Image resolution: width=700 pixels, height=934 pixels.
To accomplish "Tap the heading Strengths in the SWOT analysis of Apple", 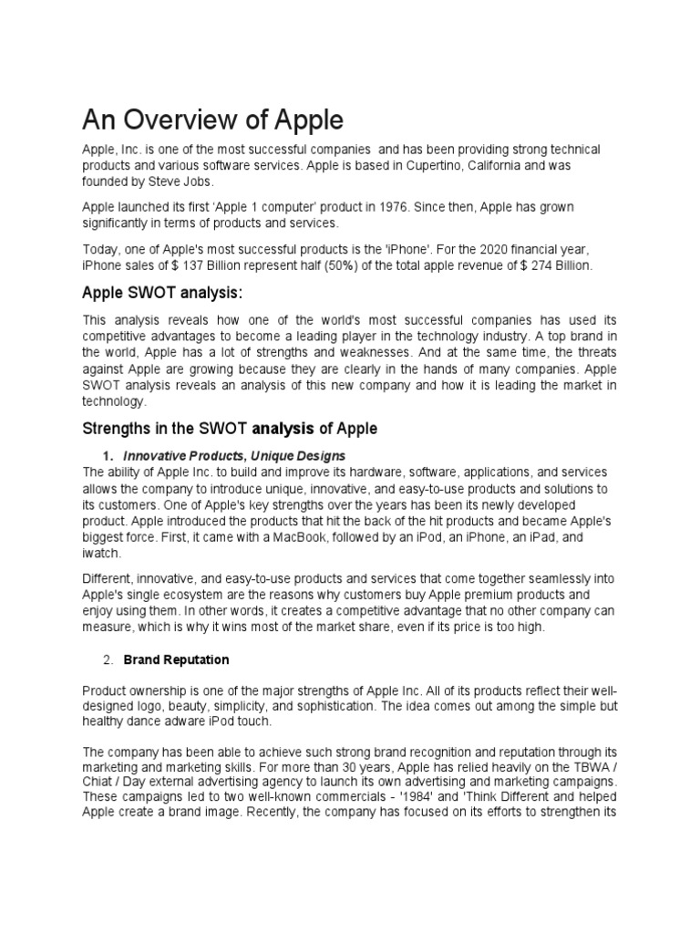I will tap(230, 428).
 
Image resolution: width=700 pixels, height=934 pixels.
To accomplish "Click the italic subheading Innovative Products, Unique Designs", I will tap(234, 455).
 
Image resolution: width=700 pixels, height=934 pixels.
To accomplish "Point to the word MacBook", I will tap(272, 537).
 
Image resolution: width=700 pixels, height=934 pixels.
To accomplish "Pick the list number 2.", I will tap(107, 659).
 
